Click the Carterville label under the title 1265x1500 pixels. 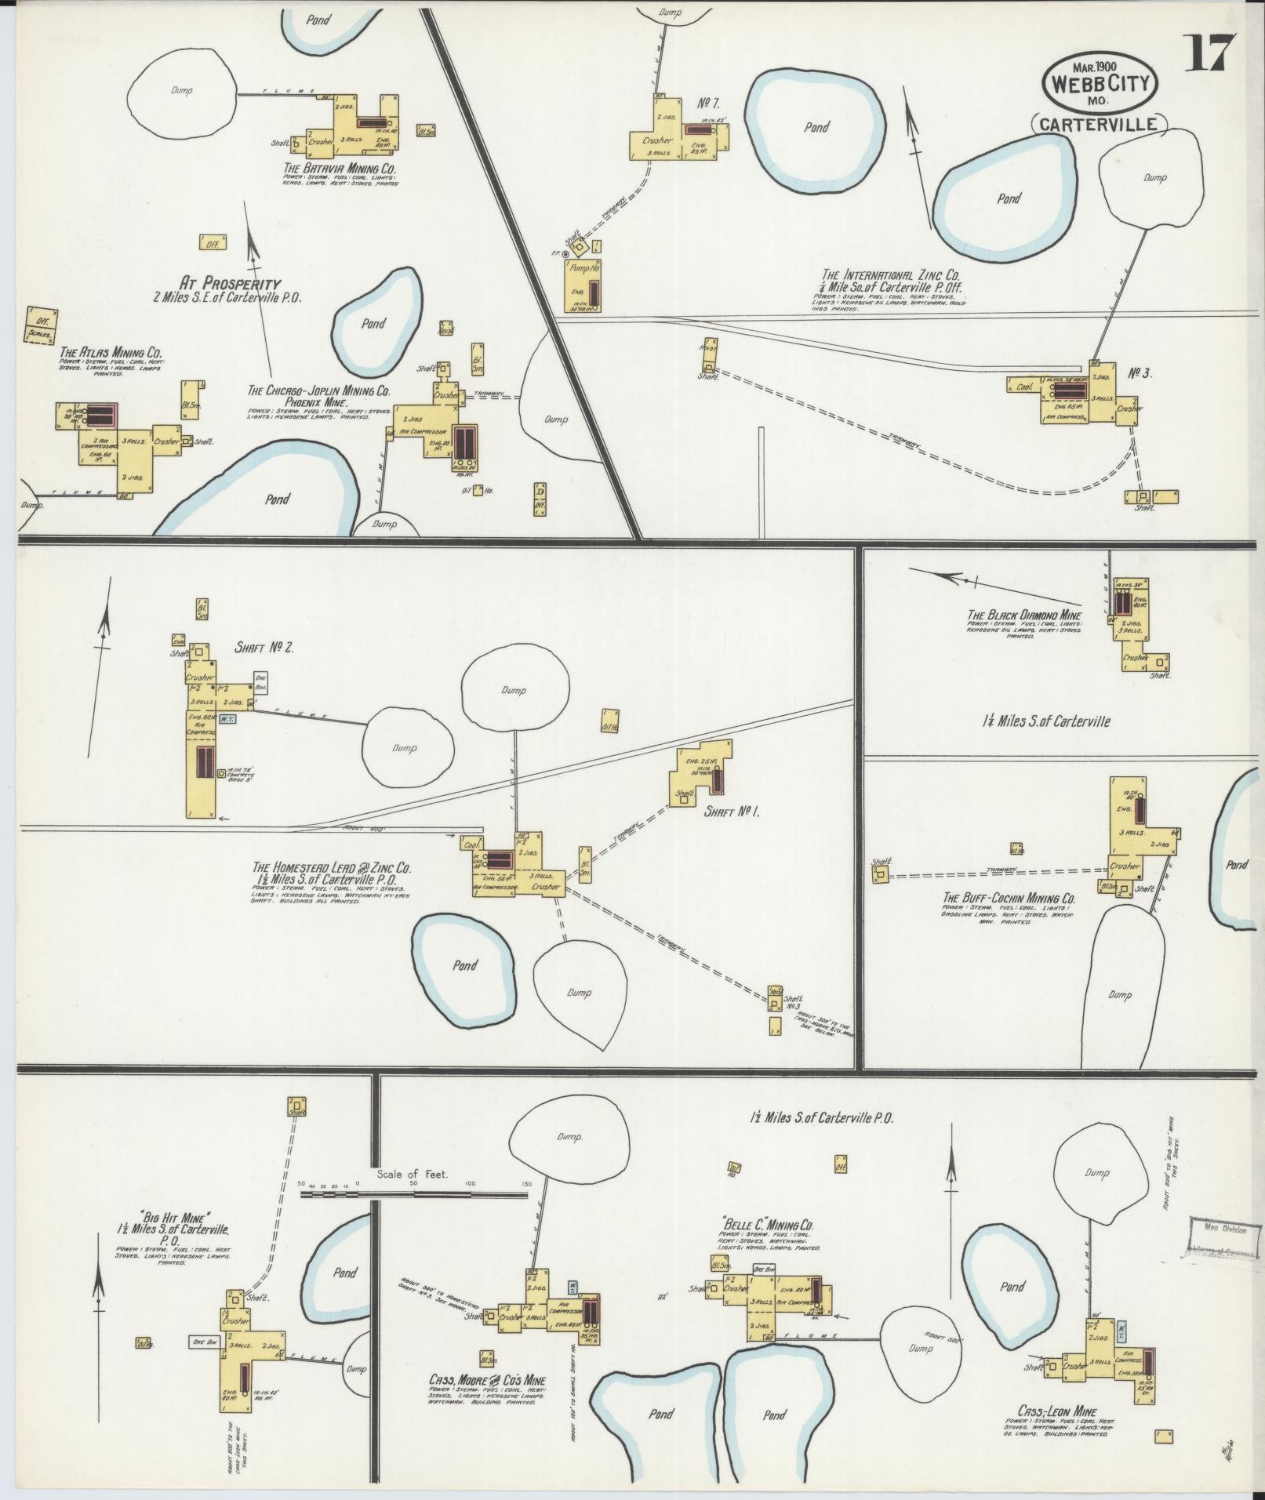[1099, 124]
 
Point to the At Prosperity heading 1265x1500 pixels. [230, 283]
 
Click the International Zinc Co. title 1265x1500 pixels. [891, 275]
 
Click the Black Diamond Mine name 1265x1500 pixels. [1023, 615]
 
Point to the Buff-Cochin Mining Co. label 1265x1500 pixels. [1008, 898]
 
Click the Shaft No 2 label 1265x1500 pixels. [264, 648]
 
